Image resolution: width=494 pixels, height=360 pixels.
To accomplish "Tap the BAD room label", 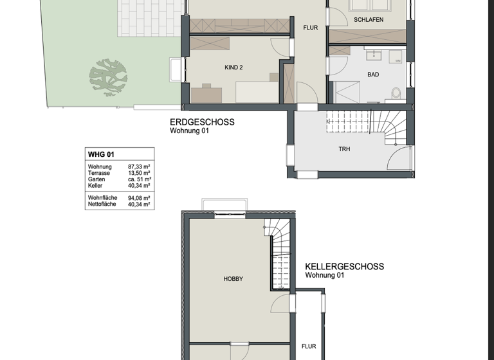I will (x=373, y=75).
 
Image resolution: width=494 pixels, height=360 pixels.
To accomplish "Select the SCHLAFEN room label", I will (x=369, y=20).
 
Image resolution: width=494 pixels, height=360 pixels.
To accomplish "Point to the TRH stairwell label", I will (x=345, y=149).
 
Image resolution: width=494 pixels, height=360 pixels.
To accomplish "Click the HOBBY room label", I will (x=233, y=279).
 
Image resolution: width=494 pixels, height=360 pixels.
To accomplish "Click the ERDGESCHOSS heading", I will (x=202, y=122).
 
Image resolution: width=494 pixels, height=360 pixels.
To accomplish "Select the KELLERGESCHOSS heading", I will (x=344, y=266).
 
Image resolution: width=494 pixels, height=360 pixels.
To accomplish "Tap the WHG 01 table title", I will (x=102, y=154).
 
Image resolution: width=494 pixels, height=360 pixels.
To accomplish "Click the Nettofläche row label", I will (x=102, y=204).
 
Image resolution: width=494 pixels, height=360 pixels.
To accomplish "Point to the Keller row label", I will (x=95, y=186).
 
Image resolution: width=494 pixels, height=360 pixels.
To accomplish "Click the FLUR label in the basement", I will (x=309, y=346).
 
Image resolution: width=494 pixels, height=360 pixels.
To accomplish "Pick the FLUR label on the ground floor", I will (x=311, y=28).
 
